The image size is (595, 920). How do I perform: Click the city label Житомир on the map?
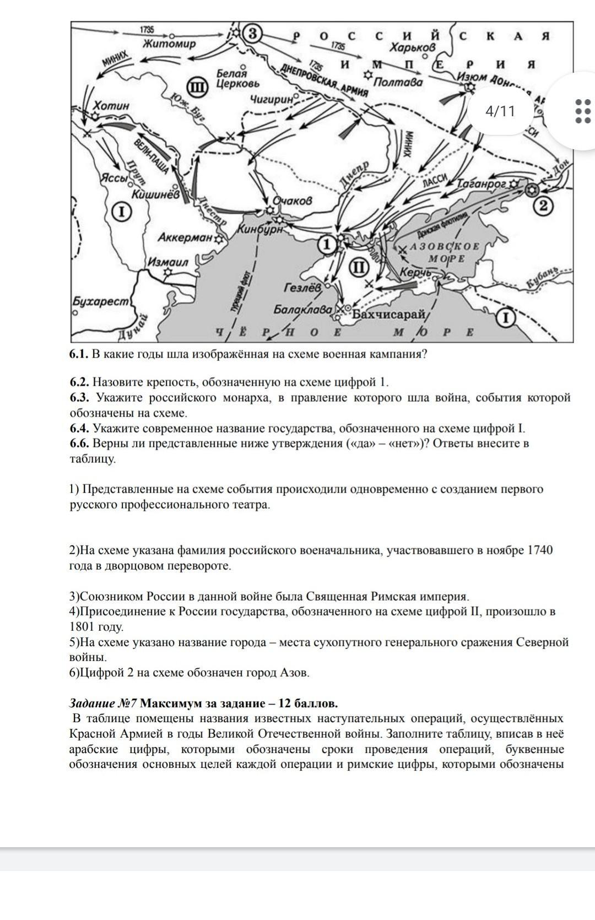[x=170, y=44]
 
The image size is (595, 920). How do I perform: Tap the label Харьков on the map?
[x=413, y=48]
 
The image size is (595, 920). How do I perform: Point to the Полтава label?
[x=398, y=83]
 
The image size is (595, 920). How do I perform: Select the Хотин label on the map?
[x=111, y=105]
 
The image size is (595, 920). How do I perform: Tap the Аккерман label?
[x=185, y=238]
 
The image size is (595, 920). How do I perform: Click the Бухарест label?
[x=101, y=301]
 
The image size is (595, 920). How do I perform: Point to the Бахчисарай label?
[x=389, y=315]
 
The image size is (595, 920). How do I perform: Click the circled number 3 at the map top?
[x=252, y=34]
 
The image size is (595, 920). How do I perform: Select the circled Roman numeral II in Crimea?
[x=359, y=268]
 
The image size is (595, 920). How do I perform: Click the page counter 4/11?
[x=500, y=111]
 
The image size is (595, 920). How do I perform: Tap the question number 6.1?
[x=79, y=354]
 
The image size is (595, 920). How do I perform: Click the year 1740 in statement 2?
[x=540, y=550]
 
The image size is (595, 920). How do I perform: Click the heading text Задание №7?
[x=103, y=703]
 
